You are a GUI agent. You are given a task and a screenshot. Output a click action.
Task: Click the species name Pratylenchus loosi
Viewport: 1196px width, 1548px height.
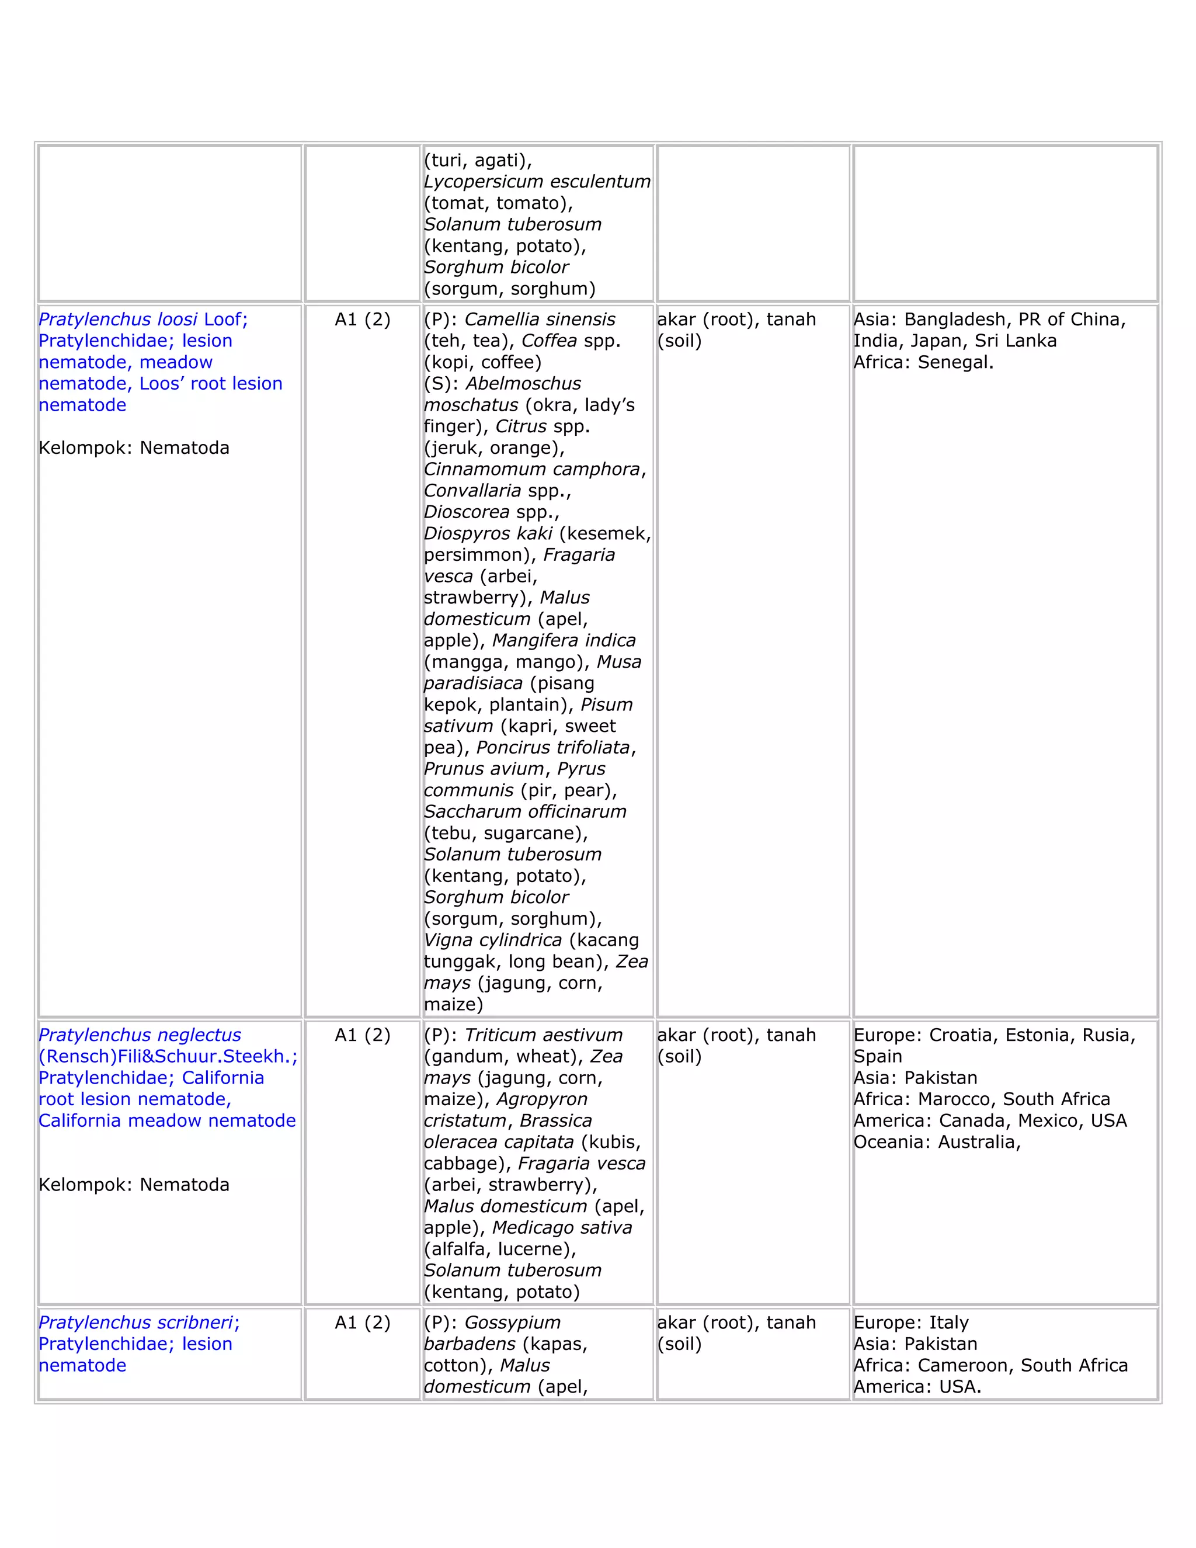click(117, 320)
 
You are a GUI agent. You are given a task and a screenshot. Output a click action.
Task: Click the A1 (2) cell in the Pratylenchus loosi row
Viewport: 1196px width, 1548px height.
click(362, 320)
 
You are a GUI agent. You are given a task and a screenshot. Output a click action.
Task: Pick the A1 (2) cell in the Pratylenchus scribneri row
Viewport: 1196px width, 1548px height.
click(362, 1323)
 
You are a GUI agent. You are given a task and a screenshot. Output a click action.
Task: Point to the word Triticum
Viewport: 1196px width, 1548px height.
click(499, 1035)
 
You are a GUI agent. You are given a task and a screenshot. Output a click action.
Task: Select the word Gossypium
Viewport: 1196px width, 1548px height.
click(512, 1323)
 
